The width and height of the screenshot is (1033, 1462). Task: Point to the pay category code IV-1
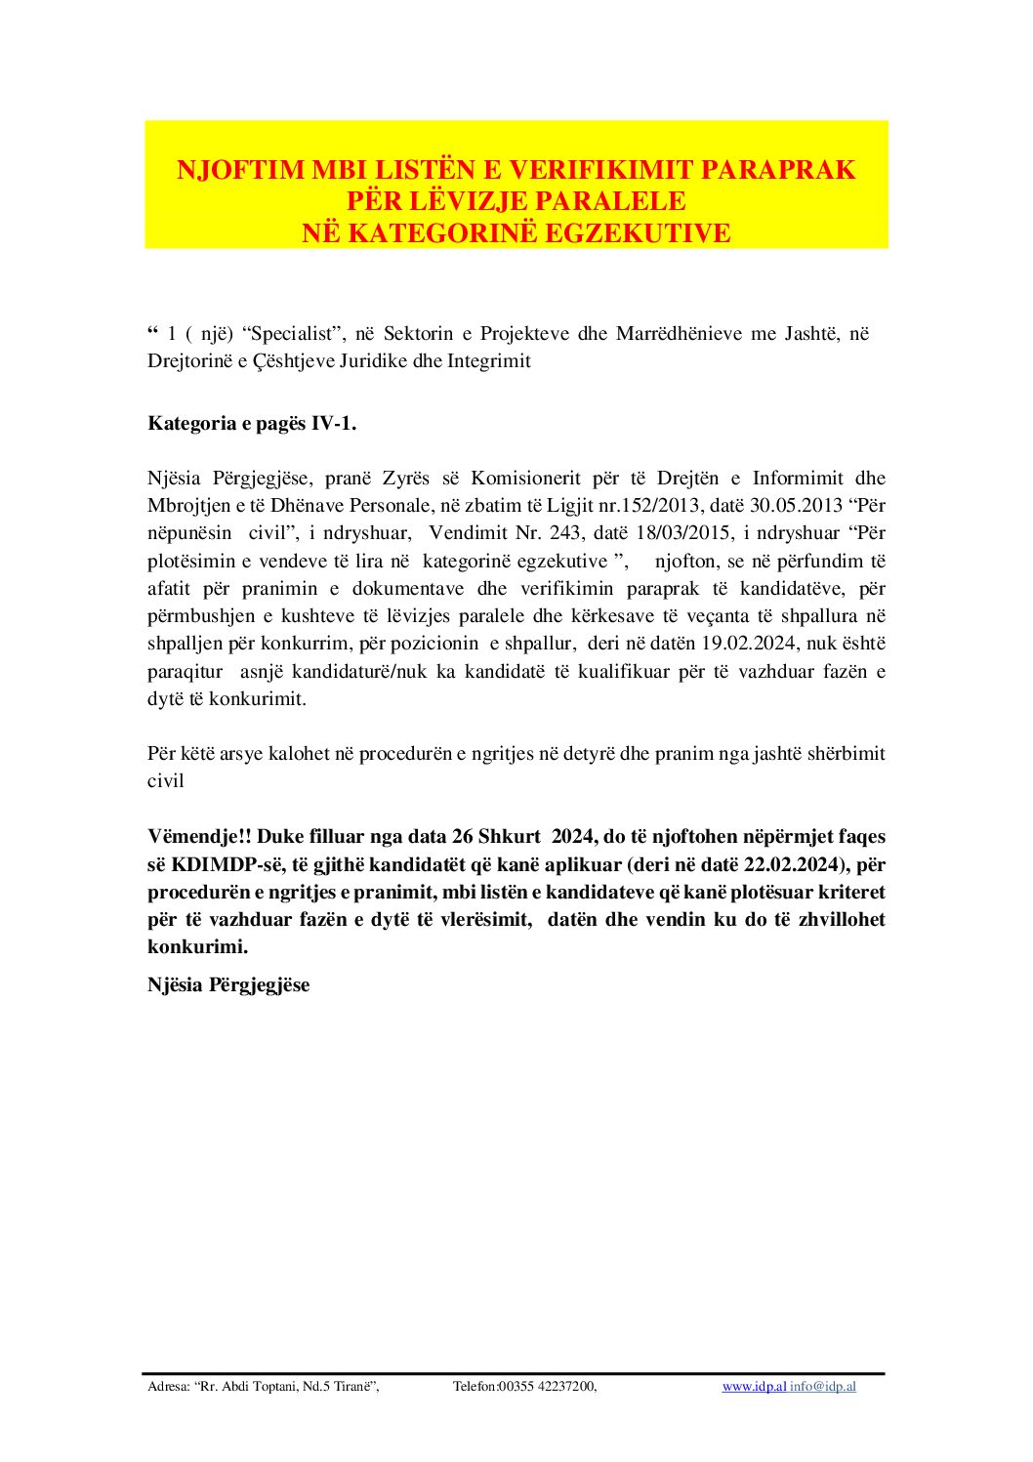[x=333, y=423]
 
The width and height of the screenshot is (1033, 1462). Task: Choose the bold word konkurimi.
[x=197, y=947]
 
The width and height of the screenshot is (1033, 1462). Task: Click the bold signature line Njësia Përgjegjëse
[x=228, y=985]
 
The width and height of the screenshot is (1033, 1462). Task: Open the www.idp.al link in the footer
[x=754, y=1387]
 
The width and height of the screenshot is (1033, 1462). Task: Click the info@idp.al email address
[x=823, y=1387]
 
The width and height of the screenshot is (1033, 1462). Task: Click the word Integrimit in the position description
[x=489, y=361]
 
